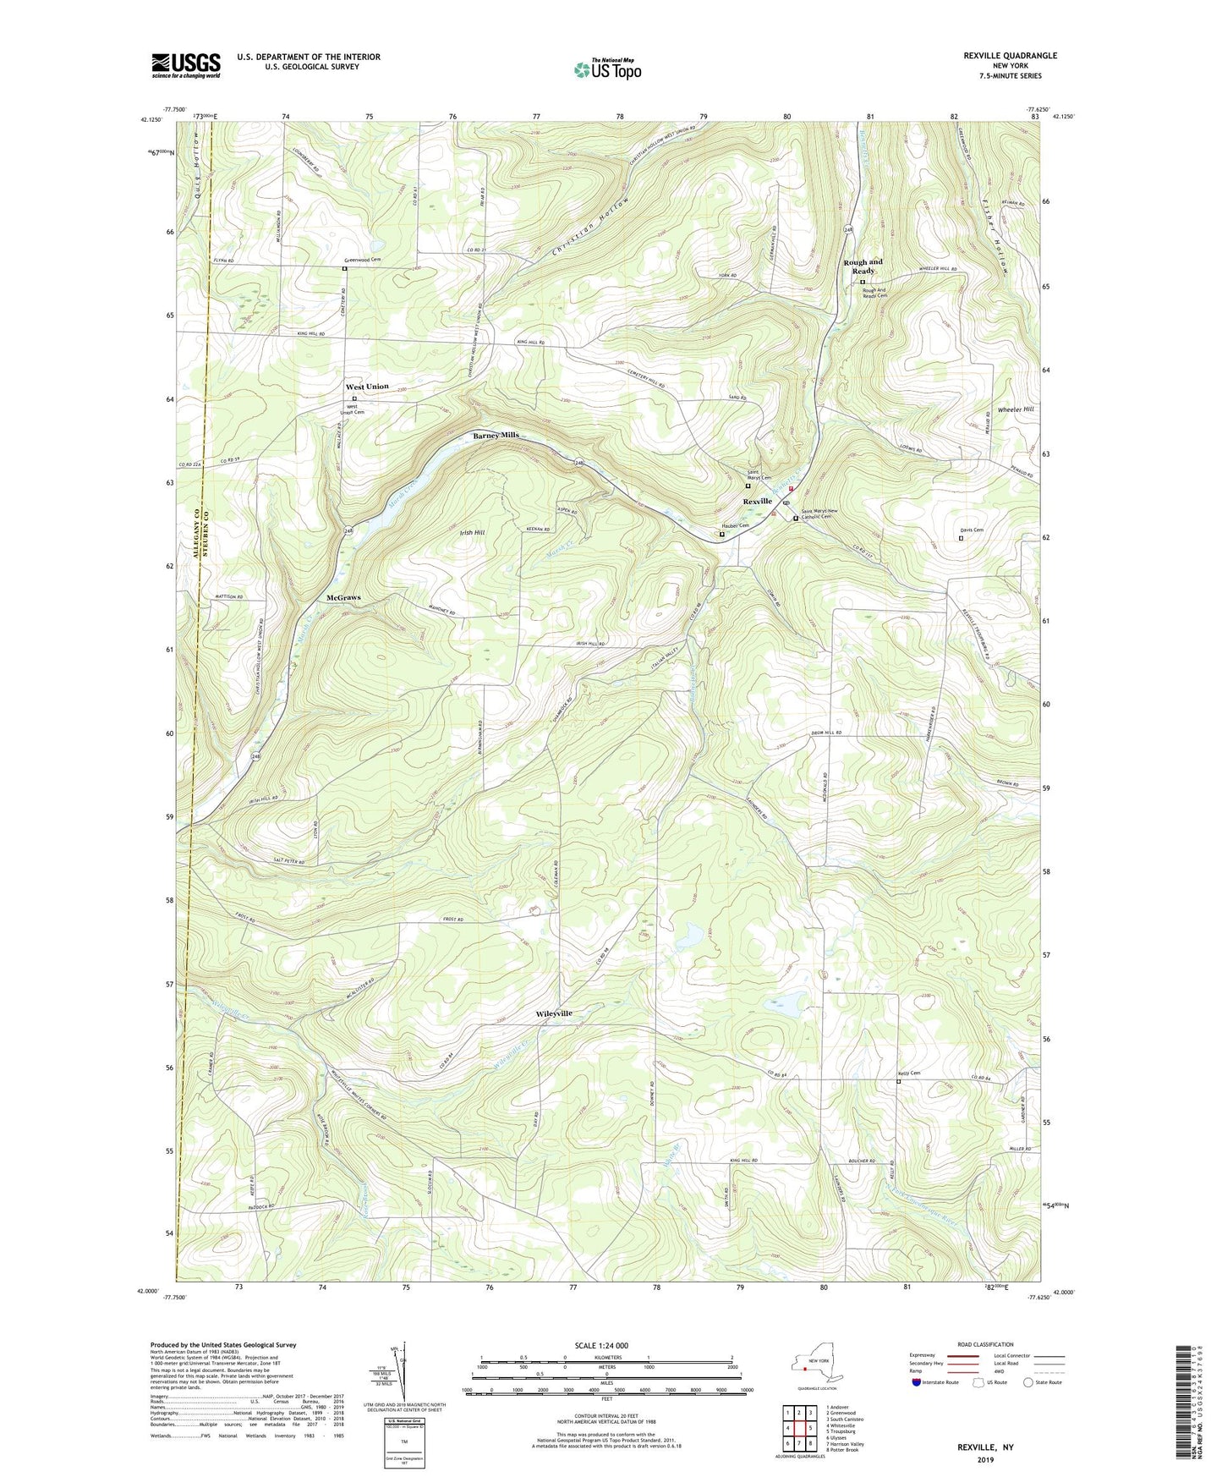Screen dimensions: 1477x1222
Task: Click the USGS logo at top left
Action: point(185,65)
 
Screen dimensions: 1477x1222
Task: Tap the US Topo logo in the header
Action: point(606,69)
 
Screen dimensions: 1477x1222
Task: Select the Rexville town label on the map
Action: point(757,502)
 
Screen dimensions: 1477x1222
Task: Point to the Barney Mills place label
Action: point(496,435)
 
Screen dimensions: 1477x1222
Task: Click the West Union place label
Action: point(367,387)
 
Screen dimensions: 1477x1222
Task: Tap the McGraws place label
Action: point(343,597)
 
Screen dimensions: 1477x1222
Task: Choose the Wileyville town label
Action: point(554,1013)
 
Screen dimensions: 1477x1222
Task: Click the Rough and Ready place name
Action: point(863,266)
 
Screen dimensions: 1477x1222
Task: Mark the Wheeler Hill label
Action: point(1016,409)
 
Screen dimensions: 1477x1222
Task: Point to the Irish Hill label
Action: point(472,533)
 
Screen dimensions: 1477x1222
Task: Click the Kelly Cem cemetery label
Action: point(909,1073)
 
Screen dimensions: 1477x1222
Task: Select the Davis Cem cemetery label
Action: point(972,530)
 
